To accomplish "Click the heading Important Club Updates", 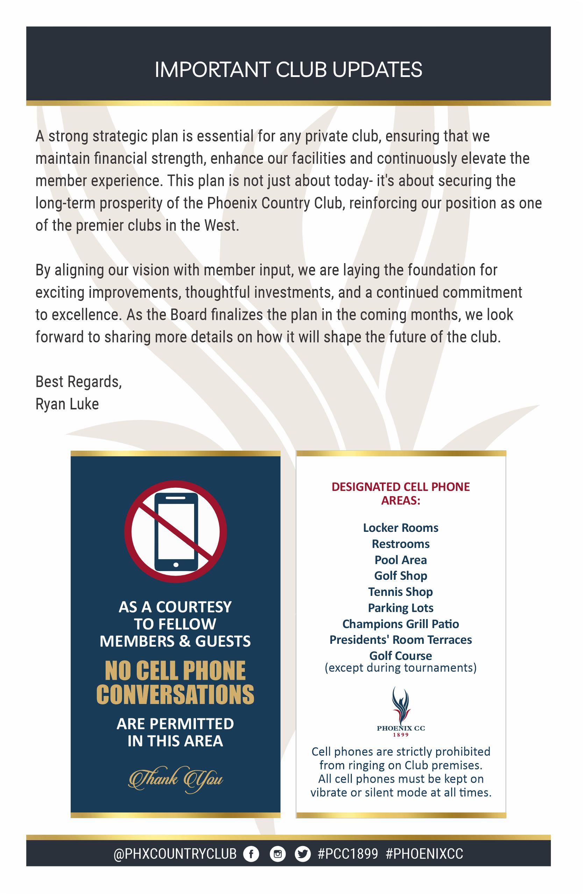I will tap(288, 70).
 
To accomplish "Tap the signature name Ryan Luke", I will tap(67, 404).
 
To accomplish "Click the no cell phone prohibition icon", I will tap(175, 532).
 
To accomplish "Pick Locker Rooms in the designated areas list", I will tap(400, 528).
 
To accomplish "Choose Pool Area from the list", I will tap(400, 560).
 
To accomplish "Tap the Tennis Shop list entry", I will tap(400, 592).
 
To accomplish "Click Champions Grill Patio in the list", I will tap(400, 624).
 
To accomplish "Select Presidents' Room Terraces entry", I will tap(400, 640).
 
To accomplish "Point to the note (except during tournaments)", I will tap(400, 668).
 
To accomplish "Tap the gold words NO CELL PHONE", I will tap(175, 671).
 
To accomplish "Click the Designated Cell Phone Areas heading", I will tap(400, 494).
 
